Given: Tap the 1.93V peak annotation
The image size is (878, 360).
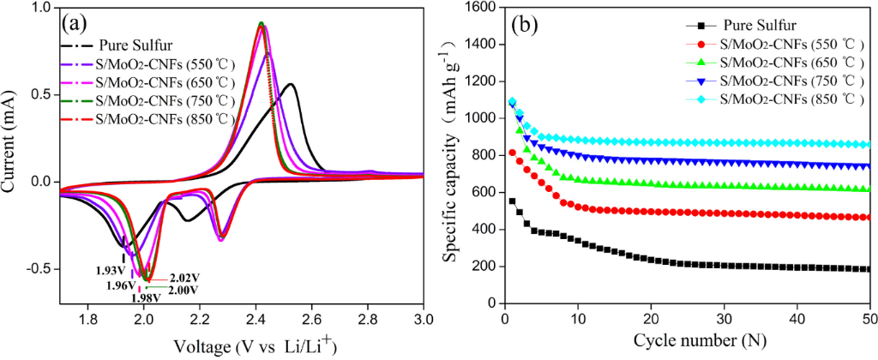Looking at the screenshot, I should (x=111, y=269).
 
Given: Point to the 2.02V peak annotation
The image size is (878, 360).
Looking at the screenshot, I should (x=184, y=278).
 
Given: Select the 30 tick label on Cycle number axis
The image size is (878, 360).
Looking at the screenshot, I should (x=725, y=318).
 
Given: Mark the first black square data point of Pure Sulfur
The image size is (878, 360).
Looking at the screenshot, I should (x=512, y=201).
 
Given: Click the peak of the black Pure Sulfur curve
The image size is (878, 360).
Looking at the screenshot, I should (x=291, y=84).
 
